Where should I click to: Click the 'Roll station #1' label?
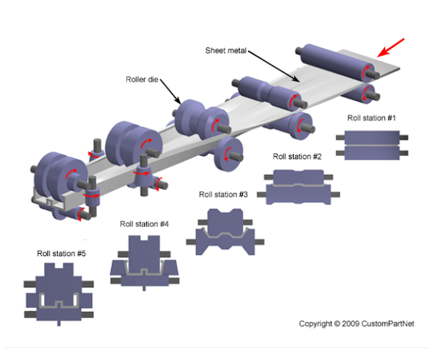click(372, 117)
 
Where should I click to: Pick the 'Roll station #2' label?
click(297, 156)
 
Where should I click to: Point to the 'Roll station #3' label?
click(223, 195)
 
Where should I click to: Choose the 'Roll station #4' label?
click(144, 224)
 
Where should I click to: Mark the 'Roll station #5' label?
click(62, 254)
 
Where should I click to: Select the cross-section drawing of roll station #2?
click(298, 185)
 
